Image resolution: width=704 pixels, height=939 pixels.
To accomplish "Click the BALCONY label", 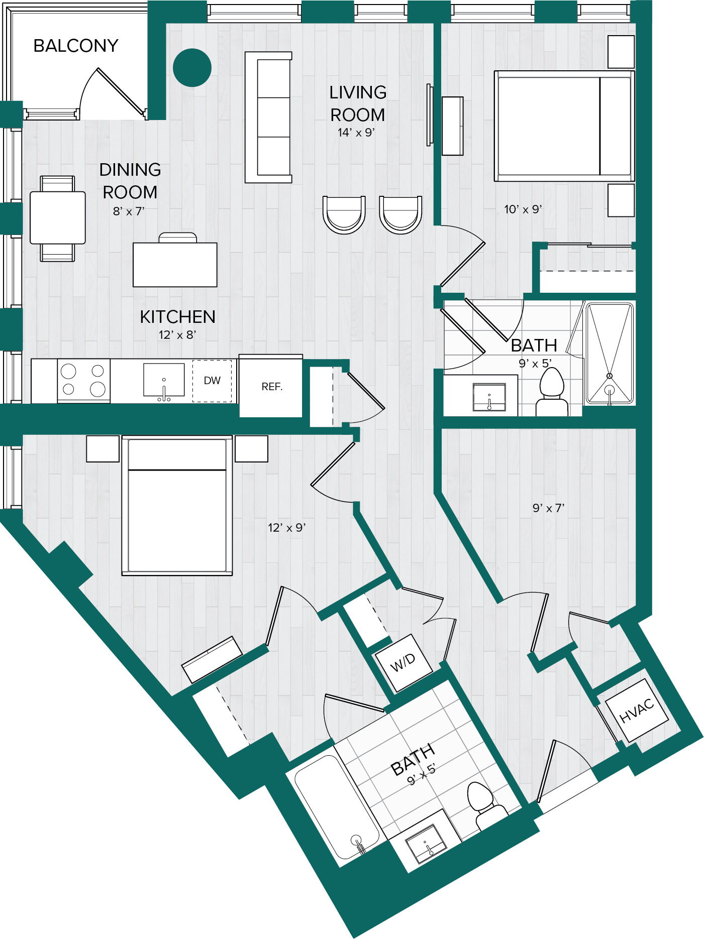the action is [x=76, y=46].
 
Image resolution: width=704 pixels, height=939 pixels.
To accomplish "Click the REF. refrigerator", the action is [x=271, y=386].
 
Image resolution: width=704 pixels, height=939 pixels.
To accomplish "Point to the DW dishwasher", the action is [x=212, y=381].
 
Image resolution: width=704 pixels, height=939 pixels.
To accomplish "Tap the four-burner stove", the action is [x=83, y=381].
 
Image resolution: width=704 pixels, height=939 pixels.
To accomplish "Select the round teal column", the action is [x=192, y=67].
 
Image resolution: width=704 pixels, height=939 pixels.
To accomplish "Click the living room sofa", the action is [x=268, y=118].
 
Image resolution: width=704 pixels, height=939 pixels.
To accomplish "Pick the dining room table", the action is [x=58, y=218].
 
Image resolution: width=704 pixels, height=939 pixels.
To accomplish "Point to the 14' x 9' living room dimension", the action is [x=356, y=133].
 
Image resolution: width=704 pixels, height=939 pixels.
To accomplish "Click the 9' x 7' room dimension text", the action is [x=549, y=508].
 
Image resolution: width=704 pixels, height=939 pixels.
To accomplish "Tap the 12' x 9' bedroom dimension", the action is [x=287, y=528].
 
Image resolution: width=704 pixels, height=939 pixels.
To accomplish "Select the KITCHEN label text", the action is [x=178, y=317].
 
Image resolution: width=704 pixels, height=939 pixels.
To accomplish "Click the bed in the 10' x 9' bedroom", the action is [x=564, y=126].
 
